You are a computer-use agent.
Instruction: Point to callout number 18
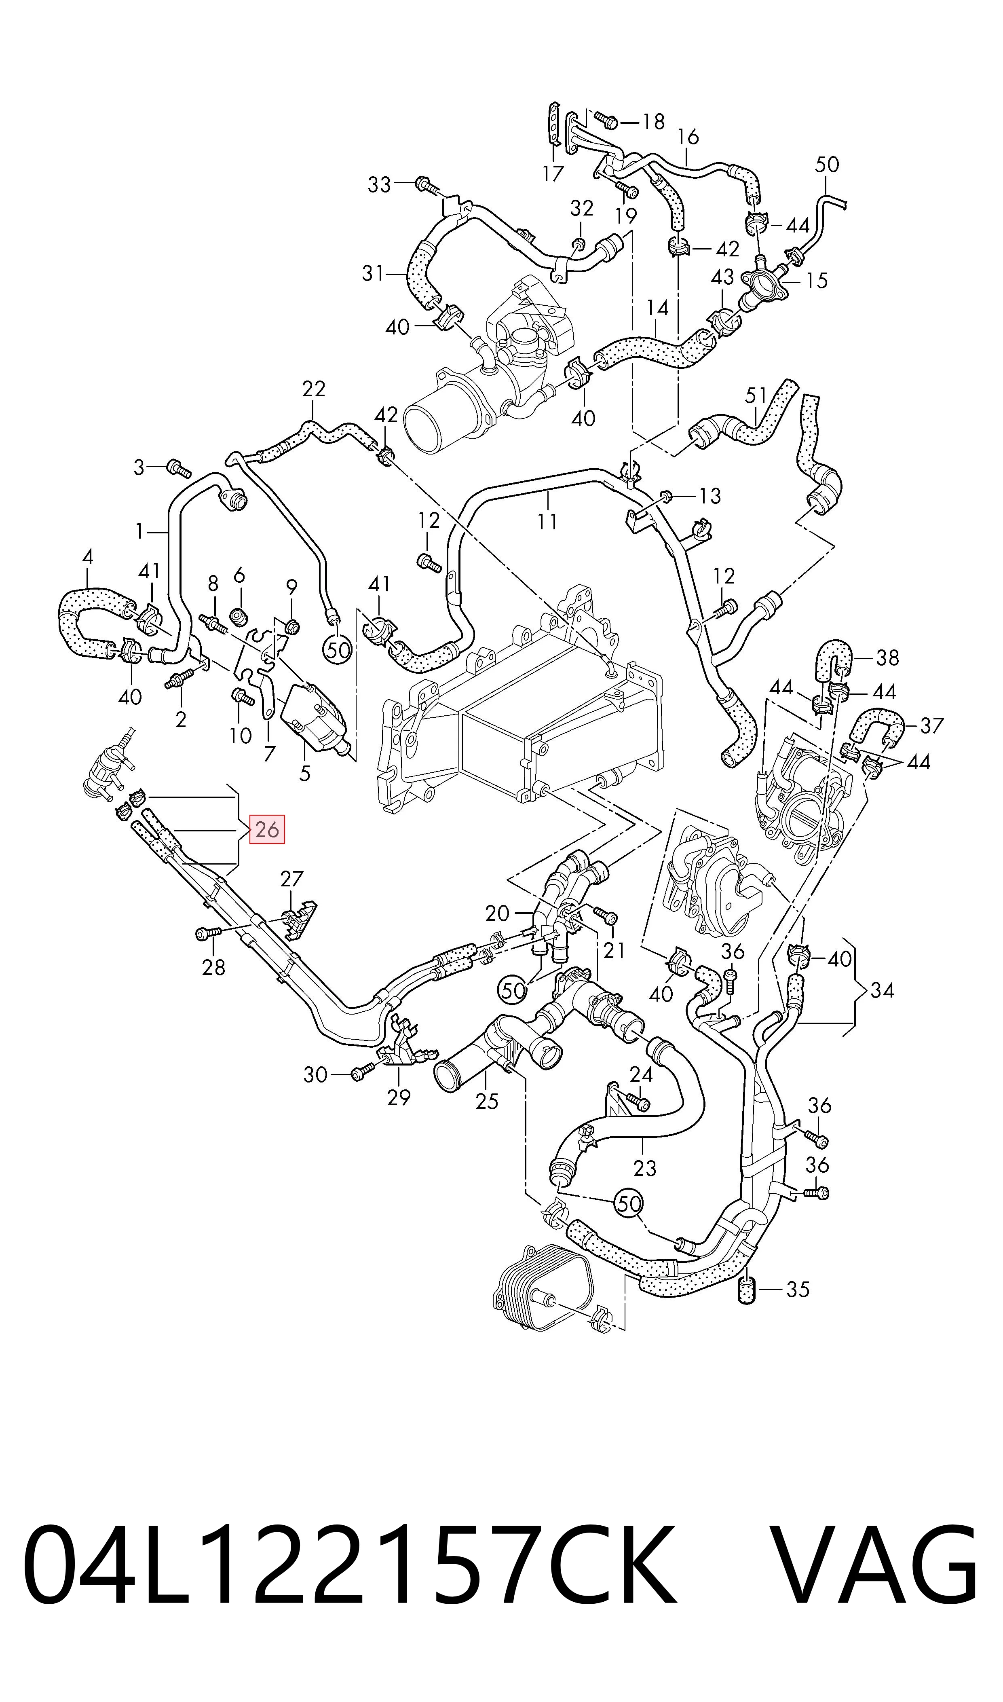[653, 122]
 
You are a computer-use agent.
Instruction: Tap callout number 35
[798, 1290]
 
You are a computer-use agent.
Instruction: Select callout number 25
[487, 1102]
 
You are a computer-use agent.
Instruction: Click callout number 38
[887, 657]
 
